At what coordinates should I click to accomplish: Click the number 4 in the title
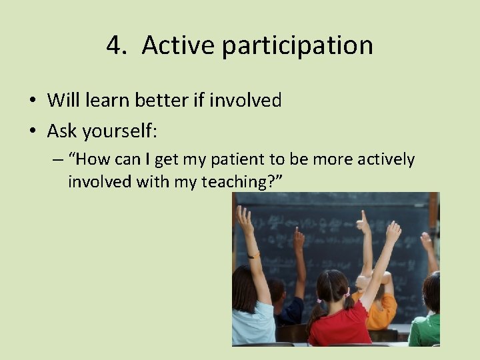pos(115,45)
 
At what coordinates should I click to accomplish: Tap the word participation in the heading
pos(297,45)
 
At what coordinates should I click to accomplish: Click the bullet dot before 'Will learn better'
pos(32,101)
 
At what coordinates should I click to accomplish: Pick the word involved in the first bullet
pos(245,101)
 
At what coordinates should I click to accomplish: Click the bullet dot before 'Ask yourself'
pos(32,132)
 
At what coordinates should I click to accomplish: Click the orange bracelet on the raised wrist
pos(253,255)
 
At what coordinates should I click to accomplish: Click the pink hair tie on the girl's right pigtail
pos(347,292)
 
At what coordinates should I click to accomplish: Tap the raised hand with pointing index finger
pos(363,223)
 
